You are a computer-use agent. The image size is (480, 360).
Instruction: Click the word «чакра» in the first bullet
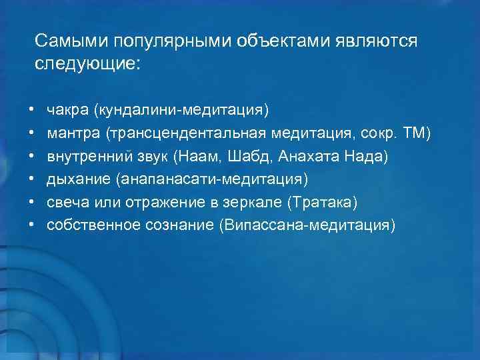67,108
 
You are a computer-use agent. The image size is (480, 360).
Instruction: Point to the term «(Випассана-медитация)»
306,225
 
